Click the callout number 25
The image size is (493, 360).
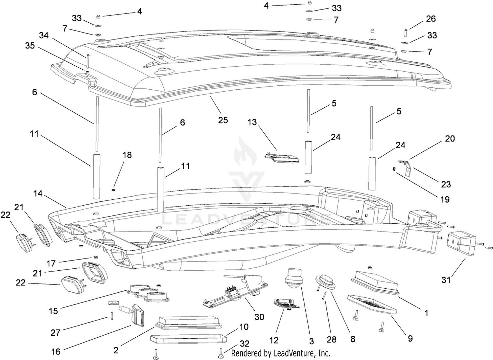pyautogui.click(x=223, y=120)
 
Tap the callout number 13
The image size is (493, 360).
pyautogui.click(x=252, y=122)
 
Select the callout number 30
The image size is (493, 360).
pyautogui.click(x=259, y=317)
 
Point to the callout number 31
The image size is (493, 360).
pyautogui.click(x=446, y=280)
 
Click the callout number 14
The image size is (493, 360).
pyautogui.click(x=38, y=193)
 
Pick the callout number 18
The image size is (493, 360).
pyautogui.click(x=127, y=155)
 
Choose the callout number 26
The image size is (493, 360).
pyautogui.click(x=431, y=19)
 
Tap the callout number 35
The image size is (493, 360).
pyautogui.click(x=30, y=46)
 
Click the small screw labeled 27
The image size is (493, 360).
pyautogui.click(x=112, y=316)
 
